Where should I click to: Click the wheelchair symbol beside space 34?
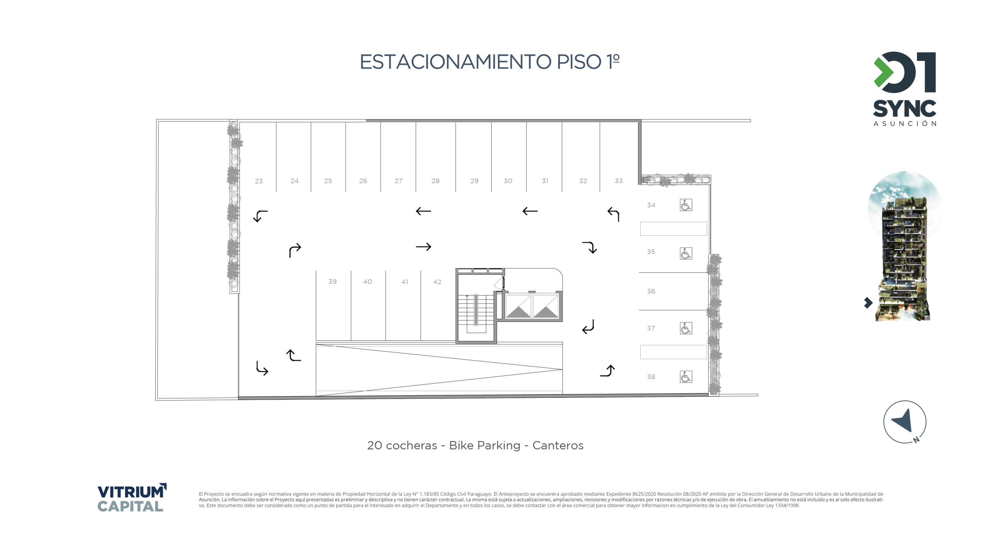pos(686,205)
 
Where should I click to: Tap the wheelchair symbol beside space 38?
pos(686,377)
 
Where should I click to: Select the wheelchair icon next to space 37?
pos(686,328)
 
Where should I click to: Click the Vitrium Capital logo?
pos(132,497)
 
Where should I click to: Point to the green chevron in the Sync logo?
pos(883,72)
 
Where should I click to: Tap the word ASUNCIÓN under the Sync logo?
pos(905,123)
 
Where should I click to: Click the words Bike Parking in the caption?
pos(484,445)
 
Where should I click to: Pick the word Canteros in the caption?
pos(558,445)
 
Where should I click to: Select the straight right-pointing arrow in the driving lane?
pos(423,247)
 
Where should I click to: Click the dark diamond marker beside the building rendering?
pos(868,303)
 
